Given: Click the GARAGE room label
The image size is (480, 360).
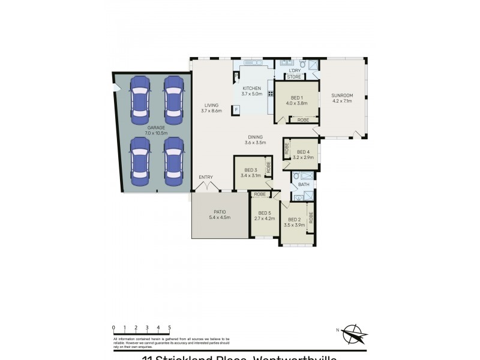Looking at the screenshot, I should click(156, 128).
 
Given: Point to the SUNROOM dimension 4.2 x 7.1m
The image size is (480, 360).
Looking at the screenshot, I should click(342, 101).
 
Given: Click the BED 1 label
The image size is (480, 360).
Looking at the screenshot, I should click(296, 98).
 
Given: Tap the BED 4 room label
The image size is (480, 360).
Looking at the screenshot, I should click(303, 152).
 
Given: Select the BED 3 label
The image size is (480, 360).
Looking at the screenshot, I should click(248, 170).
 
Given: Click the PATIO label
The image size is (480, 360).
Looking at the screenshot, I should click(220, 212).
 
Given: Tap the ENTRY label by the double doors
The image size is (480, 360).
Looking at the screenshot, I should click(206, 176).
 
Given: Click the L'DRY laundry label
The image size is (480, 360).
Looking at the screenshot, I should click(295, 71).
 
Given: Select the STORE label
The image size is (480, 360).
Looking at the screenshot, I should click(293, 77).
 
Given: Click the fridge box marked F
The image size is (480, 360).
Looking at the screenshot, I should click(236, 109).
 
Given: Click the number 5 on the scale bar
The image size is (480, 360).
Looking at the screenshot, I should click(169, 328).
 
